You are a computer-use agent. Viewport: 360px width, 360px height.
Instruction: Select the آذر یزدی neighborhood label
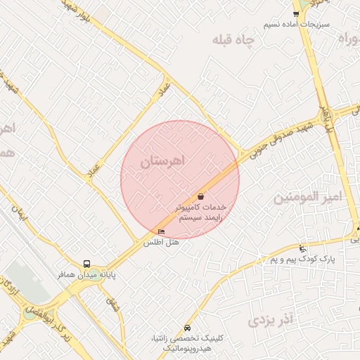coord(270,321)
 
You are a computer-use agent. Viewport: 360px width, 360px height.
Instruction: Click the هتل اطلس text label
coord(162,243)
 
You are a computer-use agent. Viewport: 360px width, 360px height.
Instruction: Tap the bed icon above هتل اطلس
coord(162,233)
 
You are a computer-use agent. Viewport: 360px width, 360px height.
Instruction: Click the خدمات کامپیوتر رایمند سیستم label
coord(200,213)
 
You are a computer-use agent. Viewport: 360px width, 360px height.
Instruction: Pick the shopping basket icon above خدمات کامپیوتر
coord(201,197)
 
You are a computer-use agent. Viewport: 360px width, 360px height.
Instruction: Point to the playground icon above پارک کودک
coord(303,249)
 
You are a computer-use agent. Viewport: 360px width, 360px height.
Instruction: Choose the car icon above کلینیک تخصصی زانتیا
coord(186,328)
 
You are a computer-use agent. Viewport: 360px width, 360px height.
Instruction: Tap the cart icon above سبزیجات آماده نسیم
coord(296,13)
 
